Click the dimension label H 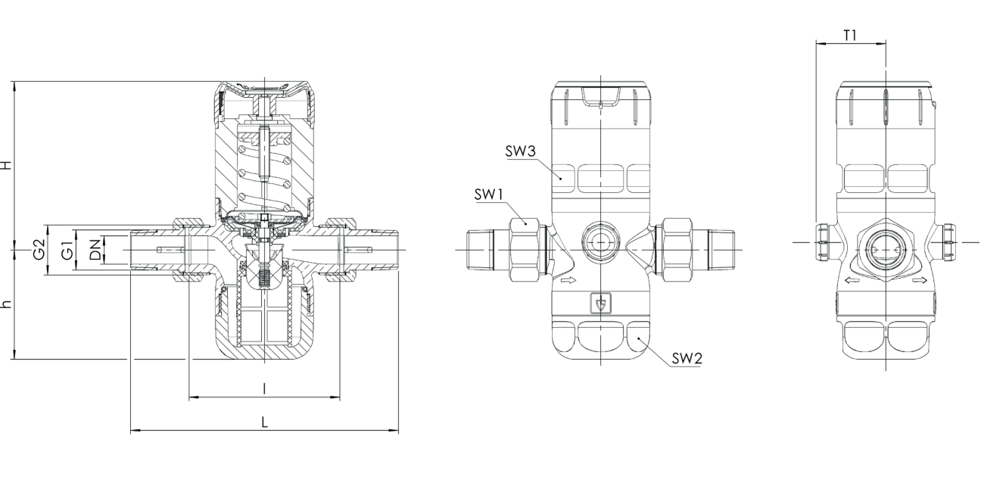click(x=6, y=165)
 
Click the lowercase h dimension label click(x=6, y=304)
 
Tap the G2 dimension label click(x=39, y=249)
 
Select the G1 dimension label click(x=67, y=250)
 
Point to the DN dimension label click(x=95, y=250)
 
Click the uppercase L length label click(x=264, y=422)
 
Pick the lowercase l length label click(x=264, y=388)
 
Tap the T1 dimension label click(x=850, y=36)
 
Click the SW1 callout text click(x=489, y=195)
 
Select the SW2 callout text click(x=687, y=359)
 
